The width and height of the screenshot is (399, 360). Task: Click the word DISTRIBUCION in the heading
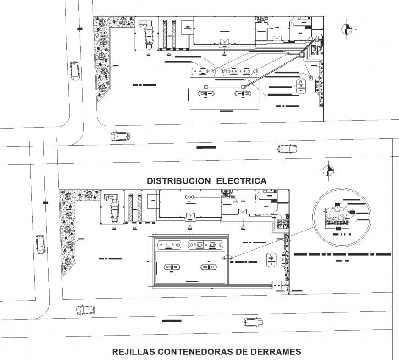(178, 181)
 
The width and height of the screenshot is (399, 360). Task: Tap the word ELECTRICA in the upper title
(241, 181)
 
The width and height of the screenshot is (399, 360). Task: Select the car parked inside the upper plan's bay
(148, 36)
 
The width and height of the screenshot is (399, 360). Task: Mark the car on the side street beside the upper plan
(74, 71)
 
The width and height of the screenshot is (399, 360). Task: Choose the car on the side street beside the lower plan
(40, 244)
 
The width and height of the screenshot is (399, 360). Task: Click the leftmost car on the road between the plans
(120, 136)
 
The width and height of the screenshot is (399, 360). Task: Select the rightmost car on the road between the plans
(287, 148)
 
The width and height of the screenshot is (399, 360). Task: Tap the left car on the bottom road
(86, 309)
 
